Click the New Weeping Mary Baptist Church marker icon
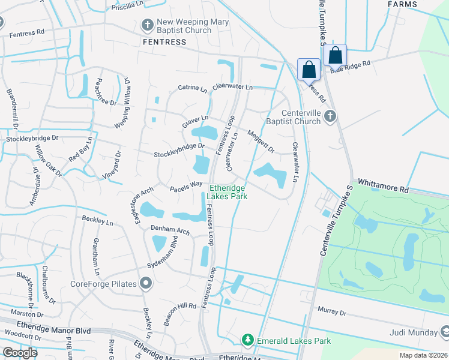[147, 25]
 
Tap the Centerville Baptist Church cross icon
[329, 116]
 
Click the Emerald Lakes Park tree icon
[247, 340]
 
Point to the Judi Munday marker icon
[445, 332]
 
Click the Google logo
[20, 353]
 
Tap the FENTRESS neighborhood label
[164, 42]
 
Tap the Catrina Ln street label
[192, 88]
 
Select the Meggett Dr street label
[261, 142]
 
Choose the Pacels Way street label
[185, 188]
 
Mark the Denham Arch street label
[170, 230]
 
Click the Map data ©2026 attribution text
[423, 355]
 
